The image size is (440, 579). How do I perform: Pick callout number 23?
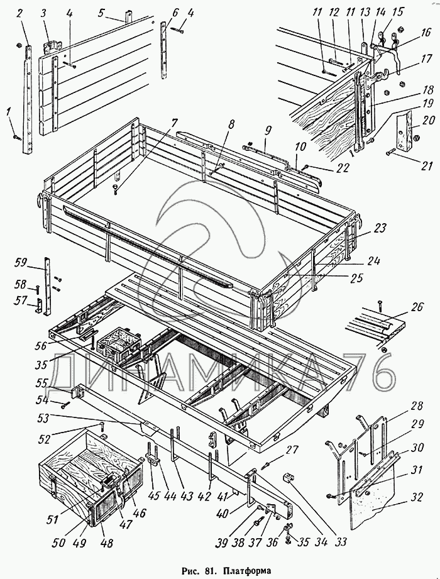coord(379,228)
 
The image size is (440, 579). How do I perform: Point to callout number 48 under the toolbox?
coord(101,541)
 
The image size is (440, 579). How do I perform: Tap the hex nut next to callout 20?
coord(415,135)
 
